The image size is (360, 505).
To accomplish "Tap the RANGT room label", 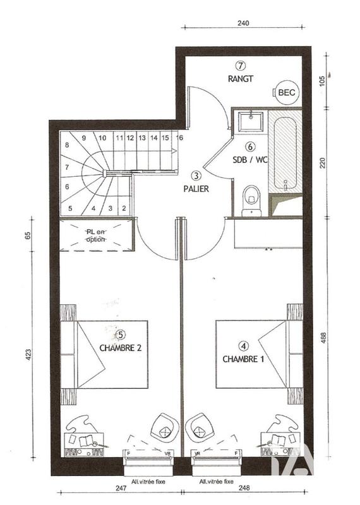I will (x=241, y=79).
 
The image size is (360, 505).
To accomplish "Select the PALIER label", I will (x=197, y=188).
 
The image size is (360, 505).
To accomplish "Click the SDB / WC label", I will (x=250, y=160).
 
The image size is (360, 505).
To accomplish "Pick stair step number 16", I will (x=180, y=137).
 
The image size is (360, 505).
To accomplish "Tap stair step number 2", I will (x=124, y=208).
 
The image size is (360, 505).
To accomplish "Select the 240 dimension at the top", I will (x=244, y=23).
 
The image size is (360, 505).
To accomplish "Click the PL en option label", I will (x=97, y=235).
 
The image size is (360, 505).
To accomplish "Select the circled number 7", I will (x=241, y=65).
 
